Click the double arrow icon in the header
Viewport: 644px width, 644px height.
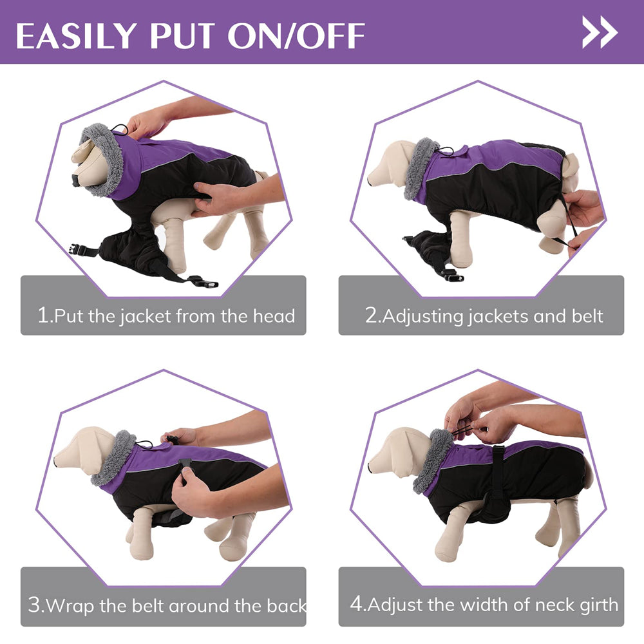coord(600,32)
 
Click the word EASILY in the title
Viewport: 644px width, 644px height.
coord(75,35)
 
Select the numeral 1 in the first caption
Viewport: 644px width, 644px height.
coord(43,316)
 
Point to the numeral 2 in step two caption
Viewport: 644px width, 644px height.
coord(371,316)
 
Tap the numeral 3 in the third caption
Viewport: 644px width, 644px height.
coord(35,605)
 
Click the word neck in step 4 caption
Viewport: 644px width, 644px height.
coord(535,605)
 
